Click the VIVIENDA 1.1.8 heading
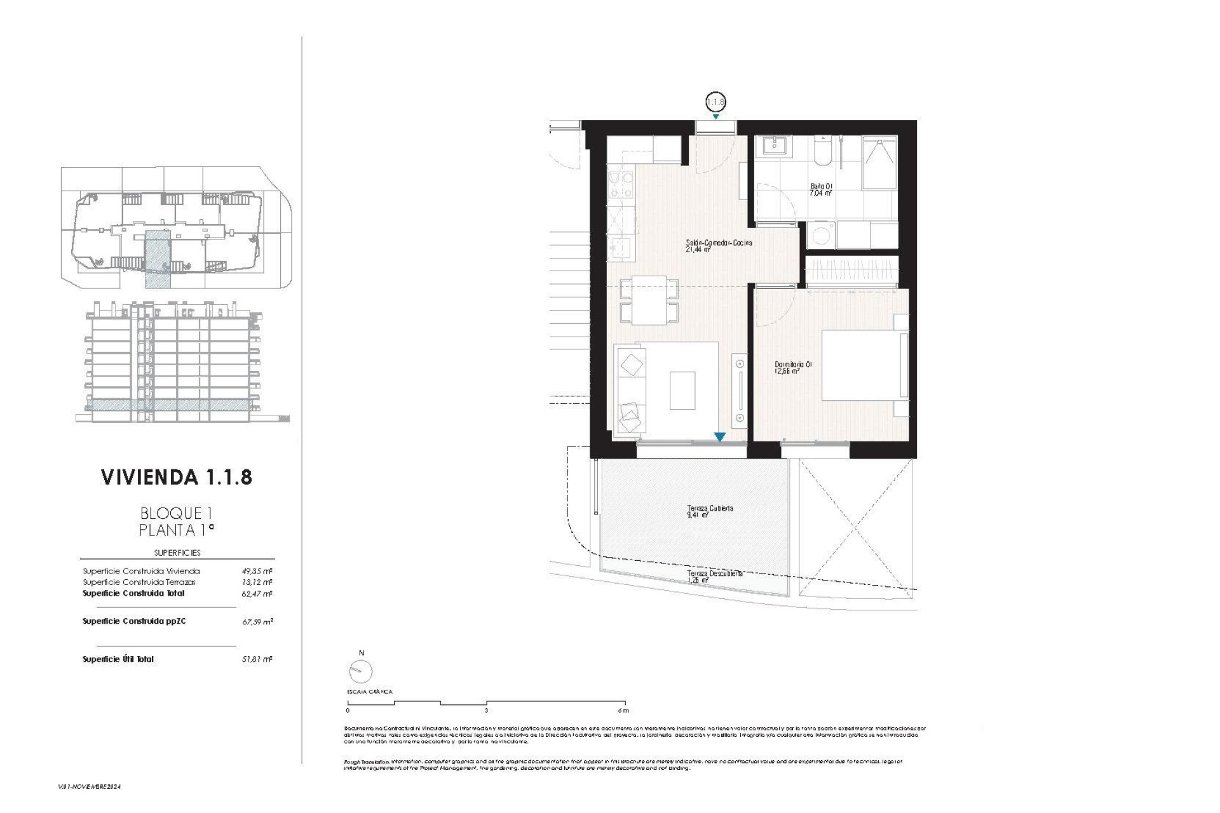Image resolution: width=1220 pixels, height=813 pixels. point(177,477)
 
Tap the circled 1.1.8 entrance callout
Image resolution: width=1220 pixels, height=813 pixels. point(715,102)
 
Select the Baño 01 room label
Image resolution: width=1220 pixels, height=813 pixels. point(821,189)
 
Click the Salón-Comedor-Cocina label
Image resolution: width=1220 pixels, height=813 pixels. point(719,245)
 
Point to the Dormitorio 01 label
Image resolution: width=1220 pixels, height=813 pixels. point(792,367)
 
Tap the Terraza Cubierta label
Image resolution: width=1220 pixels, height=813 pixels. point(710,511)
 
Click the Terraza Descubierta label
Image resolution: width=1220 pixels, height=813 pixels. point(714,575)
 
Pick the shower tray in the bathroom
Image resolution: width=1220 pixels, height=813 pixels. point(879,163)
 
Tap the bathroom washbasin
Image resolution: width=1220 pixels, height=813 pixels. point(773,147)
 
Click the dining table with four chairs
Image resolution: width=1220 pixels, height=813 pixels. point(649,300)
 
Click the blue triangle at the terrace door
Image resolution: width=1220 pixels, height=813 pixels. point(719,437)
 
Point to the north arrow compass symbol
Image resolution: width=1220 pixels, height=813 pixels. point(361,671)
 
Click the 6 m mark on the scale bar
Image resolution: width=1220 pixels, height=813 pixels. point(623,710)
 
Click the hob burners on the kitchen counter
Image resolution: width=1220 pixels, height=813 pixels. point(620,187)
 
